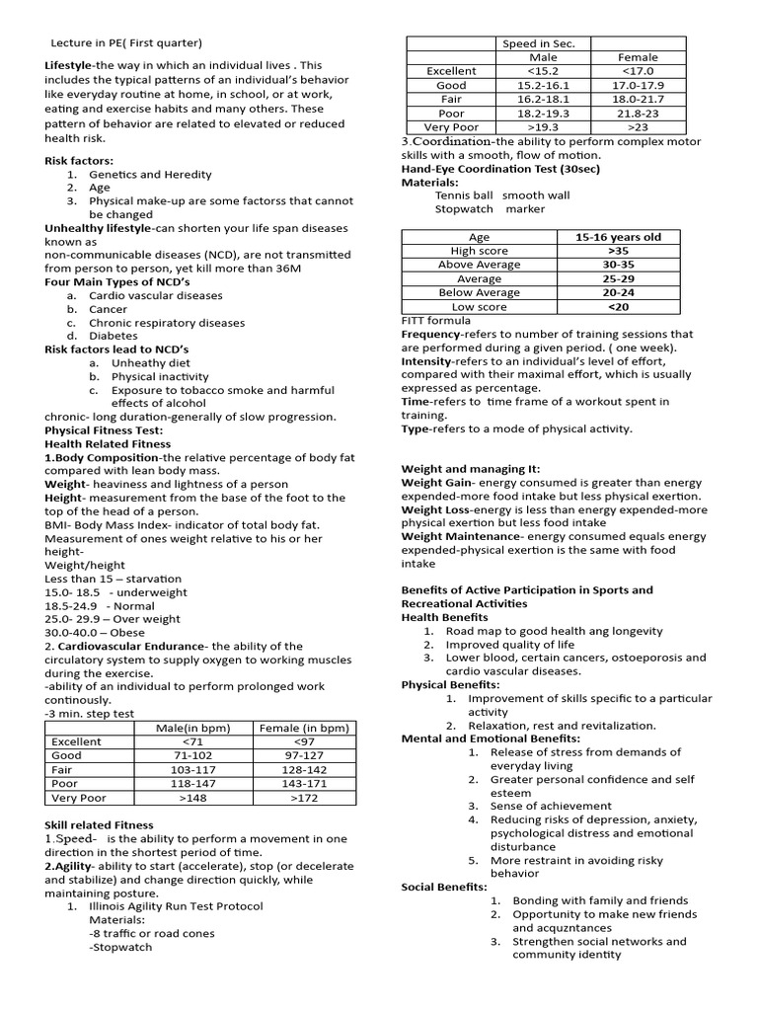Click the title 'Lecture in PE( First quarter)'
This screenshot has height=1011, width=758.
(x=126, y=42)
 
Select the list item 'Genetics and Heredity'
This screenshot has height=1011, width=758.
(x=150, y=174)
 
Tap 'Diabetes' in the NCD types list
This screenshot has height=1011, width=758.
(x=114, y=336)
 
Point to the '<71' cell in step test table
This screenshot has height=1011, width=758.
(x=193, y=741)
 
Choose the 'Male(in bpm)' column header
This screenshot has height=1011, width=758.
(x=193, y=728)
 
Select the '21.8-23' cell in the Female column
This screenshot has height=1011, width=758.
(x=638, y=114)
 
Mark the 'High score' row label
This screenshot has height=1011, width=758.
(x=479, y=251)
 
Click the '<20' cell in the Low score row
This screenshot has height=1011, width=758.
(x=619, y=306)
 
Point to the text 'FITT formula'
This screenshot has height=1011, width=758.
(x=436, y=321)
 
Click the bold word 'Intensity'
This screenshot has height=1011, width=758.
(x=425, y=361)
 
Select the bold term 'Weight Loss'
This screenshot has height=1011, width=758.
(x=435, y=509)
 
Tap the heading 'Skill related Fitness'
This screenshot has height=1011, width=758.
(x=99, y=824)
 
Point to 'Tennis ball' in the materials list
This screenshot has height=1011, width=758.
(x=464, y=195)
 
